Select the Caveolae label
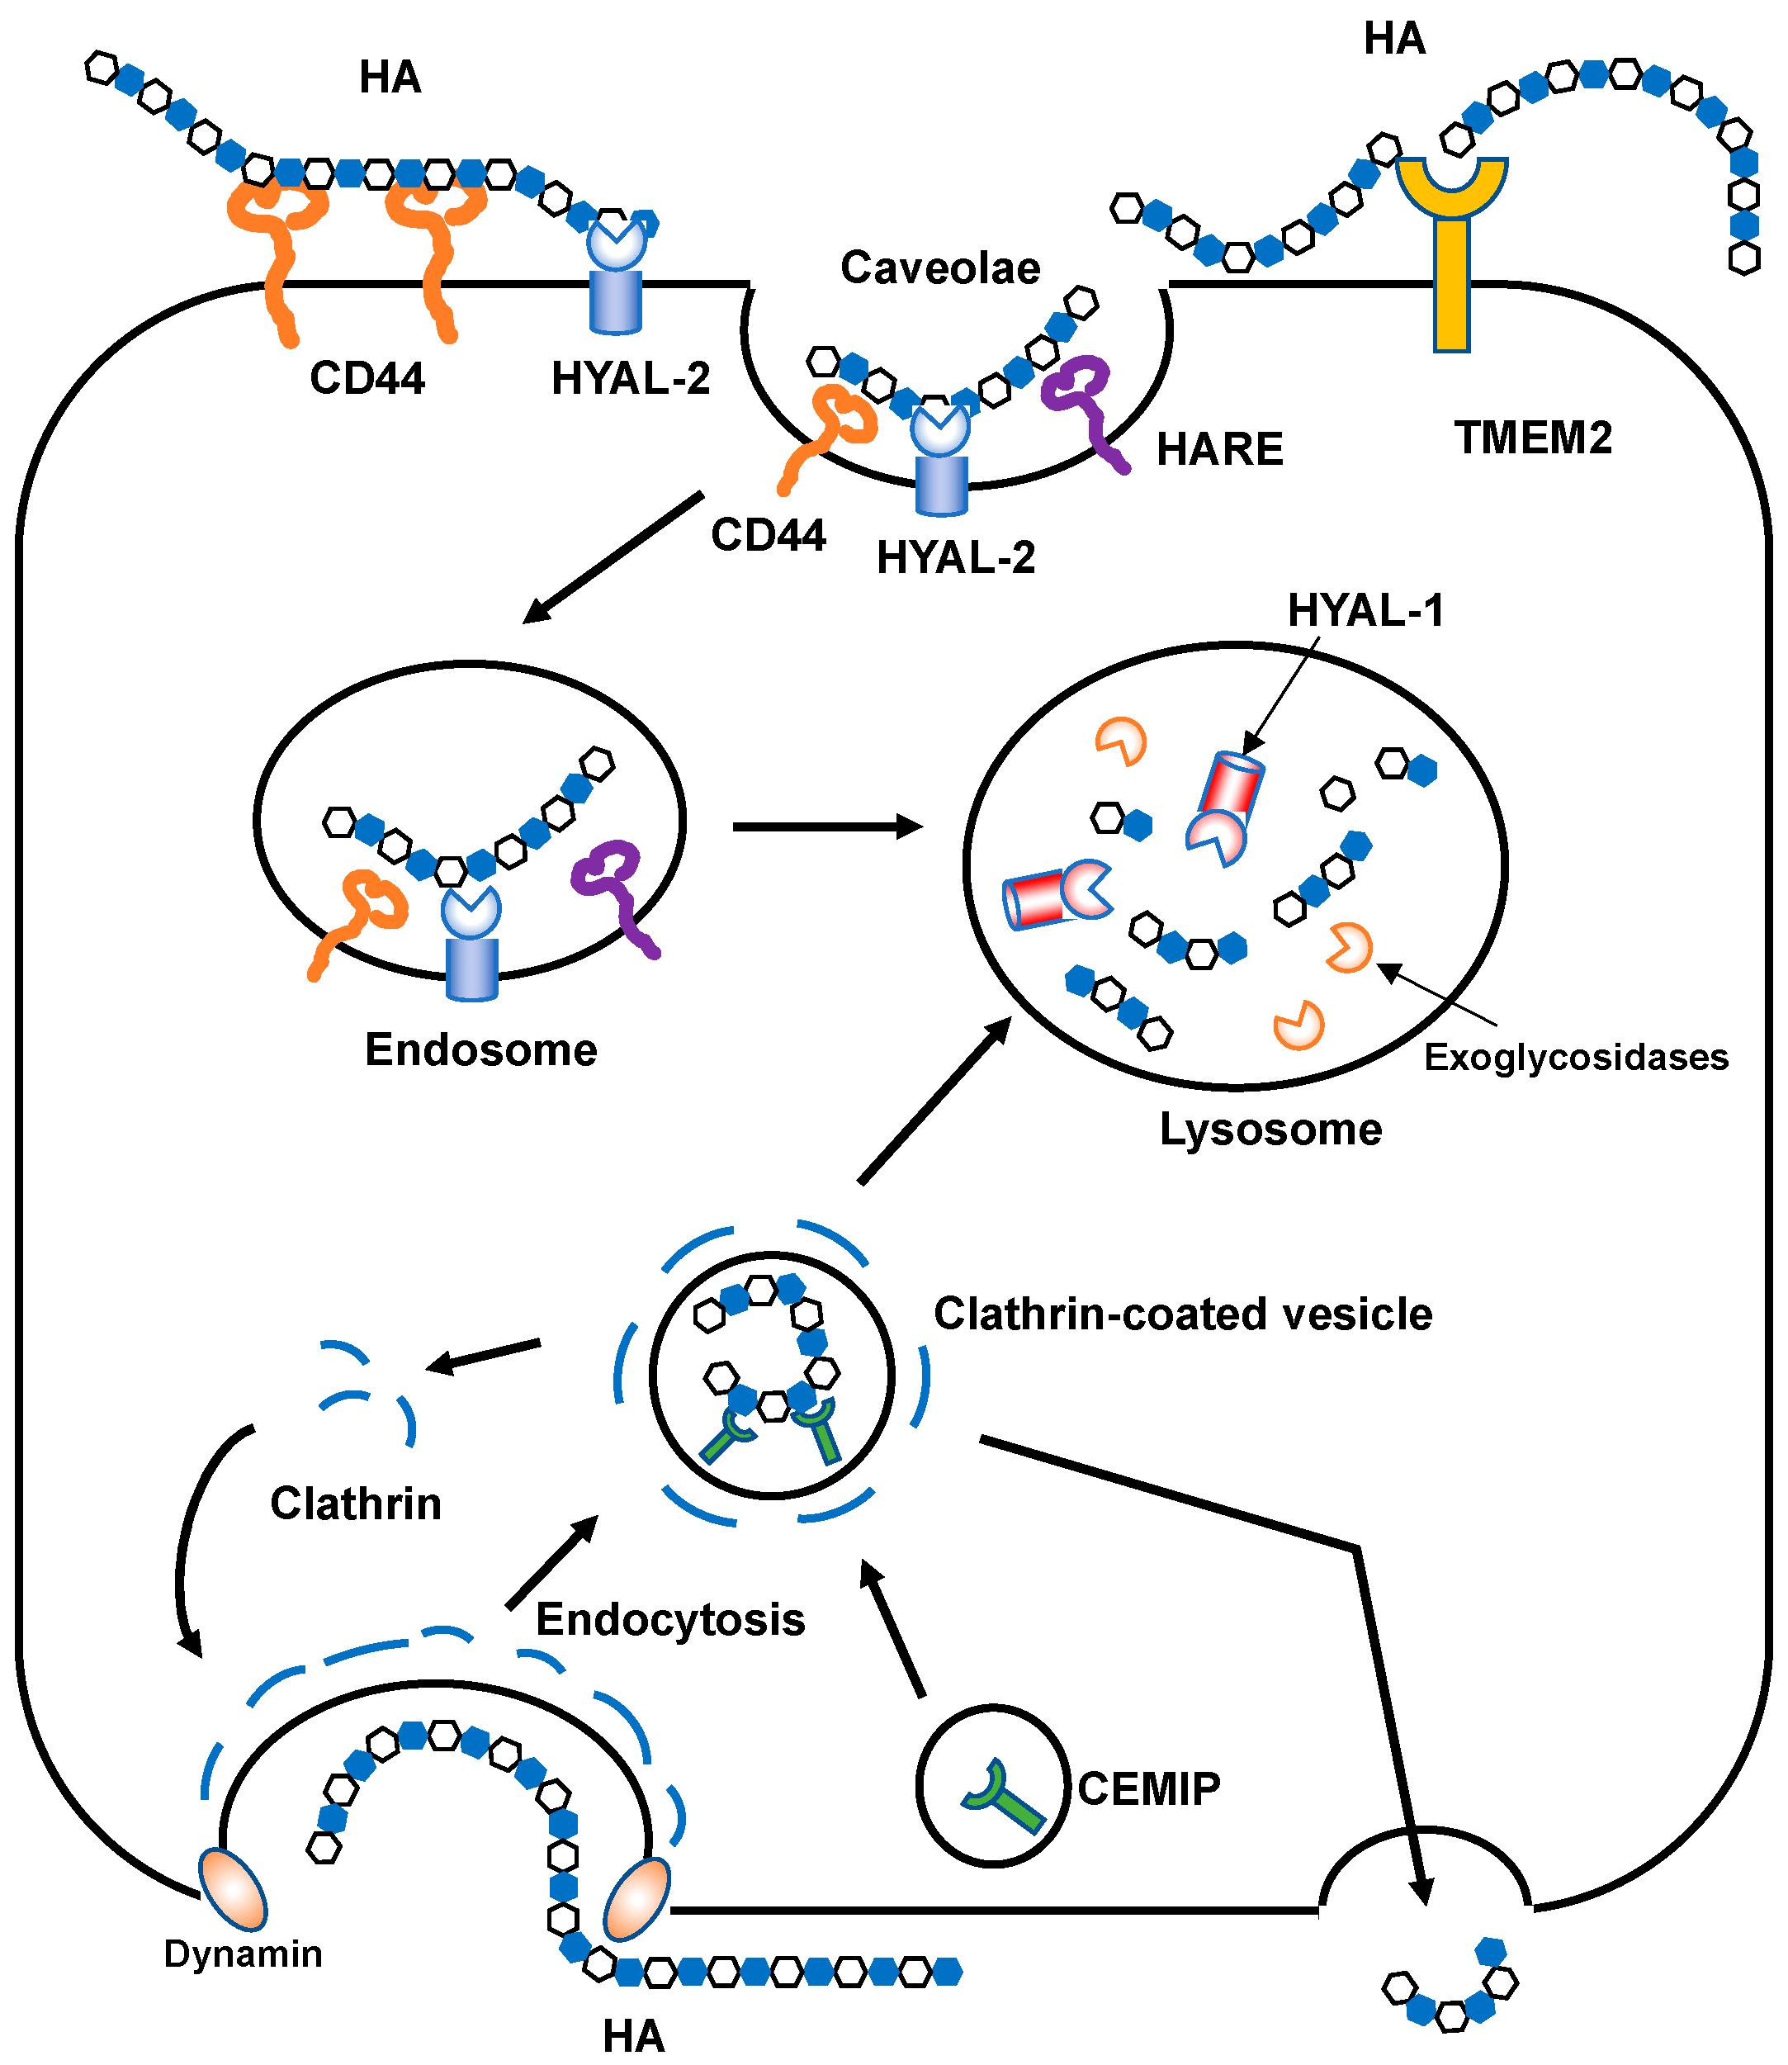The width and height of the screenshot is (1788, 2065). point(940,268)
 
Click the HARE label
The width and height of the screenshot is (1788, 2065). point(1219,449)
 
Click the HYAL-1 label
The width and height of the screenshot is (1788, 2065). point(1365,610)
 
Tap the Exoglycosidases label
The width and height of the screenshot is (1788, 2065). point(1576,1057)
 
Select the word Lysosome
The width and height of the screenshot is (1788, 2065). point(1270,1129)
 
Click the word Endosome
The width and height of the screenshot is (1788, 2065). point(481,1050)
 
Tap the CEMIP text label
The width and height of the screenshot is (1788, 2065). point(1148,1788)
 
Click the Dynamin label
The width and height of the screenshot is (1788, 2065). point(243,1954)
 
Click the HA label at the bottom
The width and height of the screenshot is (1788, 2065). point(634,2036)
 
